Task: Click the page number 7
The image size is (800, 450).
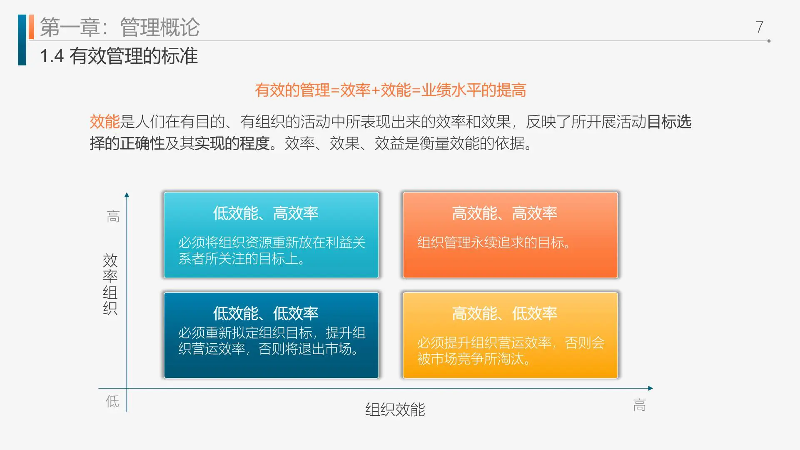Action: [760, 27]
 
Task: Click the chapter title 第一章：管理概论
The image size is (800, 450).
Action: [120, 27]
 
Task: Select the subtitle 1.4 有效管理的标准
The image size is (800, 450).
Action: [119, 56]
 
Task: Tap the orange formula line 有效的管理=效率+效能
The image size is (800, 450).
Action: [390, 90]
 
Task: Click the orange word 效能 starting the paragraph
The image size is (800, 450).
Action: [105, 122]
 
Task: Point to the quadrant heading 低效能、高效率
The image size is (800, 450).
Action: [265, 213]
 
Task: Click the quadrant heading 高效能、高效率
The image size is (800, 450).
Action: [504, 213]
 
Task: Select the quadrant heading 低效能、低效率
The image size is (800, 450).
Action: [265, 313]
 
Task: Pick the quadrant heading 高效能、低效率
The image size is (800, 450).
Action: [504, 313]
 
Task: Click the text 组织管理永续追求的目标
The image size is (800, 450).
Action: [494, 242]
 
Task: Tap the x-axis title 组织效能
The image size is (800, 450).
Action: [395, 410]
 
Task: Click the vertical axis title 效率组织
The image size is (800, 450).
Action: [110, 284]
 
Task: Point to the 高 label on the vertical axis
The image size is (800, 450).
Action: [113, 217]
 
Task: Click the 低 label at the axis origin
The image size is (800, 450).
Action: [112, 401]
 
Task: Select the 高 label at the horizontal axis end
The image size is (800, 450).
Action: [639, 405]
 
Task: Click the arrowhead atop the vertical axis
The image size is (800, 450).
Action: [127, 195]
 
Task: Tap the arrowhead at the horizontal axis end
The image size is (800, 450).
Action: [650, 388]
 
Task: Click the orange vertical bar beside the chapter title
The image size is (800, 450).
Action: [31, 27]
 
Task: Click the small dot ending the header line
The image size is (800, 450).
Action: [769, 41]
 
